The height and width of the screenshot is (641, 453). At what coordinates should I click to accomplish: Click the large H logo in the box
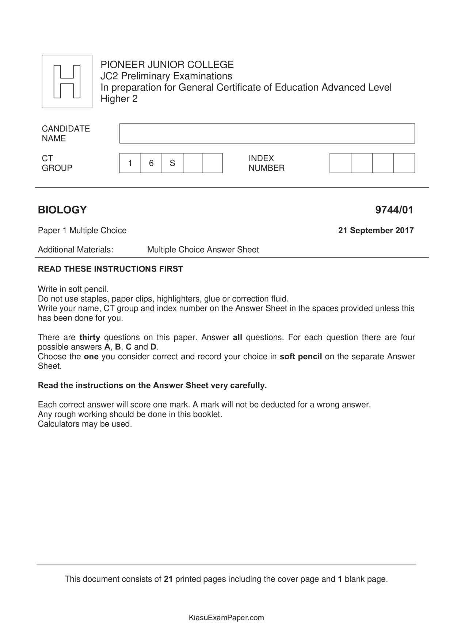click(67, 81)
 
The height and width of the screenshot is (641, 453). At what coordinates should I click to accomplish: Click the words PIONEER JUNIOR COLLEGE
click(167, 65)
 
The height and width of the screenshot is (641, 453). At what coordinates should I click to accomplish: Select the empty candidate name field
click(267, 133)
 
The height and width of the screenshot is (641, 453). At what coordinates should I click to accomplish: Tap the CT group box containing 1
click(130, 163)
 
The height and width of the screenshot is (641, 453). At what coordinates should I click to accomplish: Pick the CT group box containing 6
click(151, 163)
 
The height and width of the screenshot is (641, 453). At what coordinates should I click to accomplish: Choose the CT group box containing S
click(172, 163)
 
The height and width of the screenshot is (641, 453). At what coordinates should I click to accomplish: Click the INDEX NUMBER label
click(266, 163)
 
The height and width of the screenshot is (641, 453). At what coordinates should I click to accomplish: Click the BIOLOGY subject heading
click(62, 210)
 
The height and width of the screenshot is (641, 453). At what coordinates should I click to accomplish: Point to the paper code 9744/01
click(394, 210)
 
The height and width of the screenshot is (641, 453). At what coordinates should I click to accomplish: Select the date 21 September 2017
click(376, 230)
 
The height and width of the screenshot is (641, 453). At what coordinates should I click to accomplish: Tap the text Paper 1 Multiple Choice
click(82, 230)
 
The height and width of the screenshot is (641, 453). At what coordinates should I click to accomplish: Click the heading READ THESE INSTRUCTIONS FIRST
click(110, 269)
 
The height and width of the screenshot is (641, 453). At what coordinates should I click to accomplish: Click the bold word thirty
click(90, 337)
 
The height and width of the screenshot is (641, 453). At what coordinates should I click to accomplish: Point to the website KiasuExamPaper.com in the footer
click(226, 618)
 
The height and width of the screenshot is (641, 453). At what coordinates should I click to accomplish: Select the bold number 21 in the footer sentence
click(168, 579)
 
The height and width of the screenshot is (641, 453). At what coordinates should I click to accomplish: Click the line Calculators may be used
click(85, 424)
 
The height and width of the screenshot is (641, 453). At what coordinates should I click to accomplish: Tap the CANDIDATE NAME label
click(65, 133)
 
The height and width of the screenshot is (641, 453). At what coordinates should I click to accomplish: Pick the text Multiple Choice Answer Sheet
click(203, 250)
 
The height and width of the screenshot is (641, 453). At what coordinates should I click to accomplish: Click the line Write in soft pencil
click(73, 289)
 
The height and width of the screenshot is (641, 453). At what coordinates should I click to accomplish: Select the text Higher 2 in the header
click(119, 99)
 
